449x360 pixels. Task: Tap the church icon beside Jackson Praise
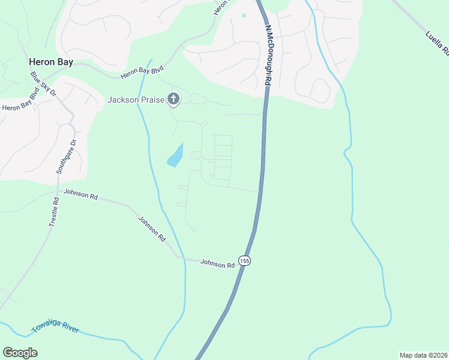(173, 99)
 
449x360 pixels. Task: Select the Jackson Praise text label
(136, 100)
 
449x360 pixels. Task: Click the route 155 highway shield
(244, 260)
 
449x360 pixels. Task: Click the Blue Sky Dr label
(43, 85)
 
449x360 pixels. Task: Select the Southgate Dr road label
(67, 157)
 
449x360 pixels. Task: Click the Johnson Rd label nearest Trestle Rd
(80, 196)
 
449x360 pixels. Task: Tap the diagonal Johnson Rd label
(152, 229)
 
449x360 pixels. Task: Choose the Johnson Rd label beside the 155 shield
(217, 263)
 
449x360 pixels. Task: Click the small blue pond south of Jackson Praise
(175, 155)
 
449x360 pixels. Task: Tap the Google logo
(20, 353)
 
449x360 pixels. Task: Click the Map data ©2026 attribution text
(423, 355)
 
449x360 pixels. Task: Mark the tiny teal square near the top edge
(244, 15)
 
